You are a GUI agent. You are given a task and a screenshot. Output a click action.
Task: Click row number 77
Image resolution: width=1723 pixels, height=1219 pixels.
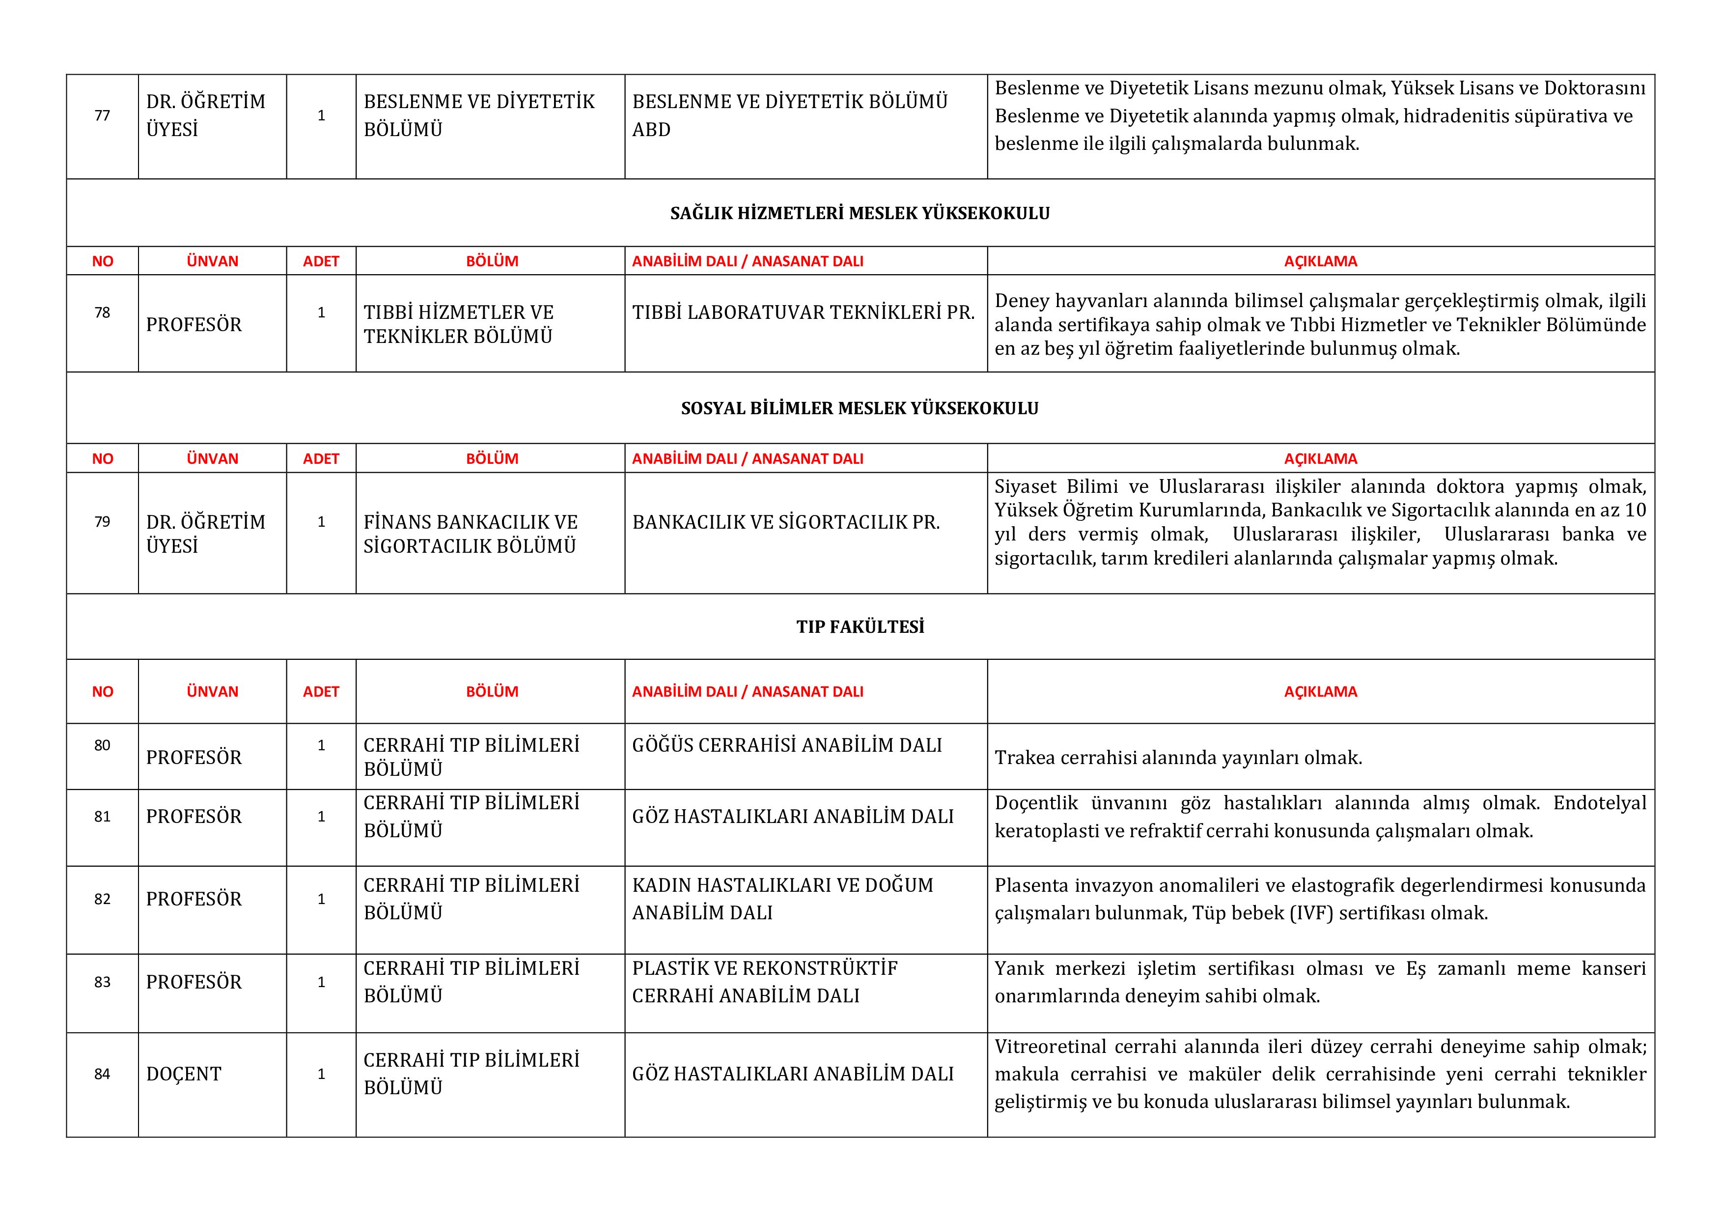click(x=102, y=115)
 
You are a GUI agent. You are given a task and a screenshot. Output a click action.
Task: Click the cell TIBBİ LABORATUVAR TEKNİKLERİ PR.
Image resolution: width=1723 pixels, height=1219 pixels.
click(x=803, y=313)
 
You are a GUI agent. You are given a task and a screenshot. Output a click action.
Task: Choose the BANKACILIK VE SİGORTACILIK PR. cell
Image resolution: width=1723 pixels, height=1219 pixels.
click(x=786, y=522)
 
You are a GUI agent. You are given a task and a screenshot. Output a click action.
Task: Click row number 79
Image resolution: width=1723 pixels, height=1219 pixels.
click(x=102, y=522)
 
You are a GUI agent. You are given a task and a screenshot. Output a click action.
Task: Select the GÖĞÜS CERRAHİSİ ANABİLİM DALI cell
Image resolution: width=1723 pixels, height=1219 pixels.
click(x=786, y=745)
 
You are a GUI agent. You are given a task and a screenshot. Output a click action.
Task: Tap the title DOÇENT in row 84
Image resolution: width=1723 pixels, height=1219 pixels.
click(x=184, y=1074)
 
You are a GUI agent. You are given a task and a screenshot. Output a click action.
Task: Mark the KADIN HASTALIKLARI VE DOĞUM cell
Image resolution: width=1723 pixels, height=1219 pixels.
click(x=782, y=899)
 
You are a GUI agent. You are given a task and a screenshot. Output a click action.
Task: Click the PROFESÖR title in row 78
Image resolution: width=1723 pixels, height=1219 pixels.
click(x=194, y=325)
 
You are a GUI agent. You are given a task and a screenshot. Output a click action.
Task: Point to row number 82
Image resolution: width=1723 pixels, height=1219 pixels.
click(x=102, y=899)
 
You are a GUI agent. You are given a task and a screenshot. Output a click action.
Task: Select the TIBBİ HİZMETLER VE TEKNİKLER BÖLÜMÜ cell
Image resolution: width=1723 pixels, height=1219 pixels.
click(x=459, y=324)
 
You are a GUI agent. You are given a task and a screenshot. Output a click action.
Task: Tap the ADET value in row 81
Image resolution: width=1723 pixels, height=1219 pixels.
click(x=321, y=817)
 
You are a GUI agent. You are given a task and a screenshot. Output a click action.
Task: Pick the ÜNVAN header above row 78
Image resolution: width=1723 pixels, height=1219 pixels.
click(x=212, y=261)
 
